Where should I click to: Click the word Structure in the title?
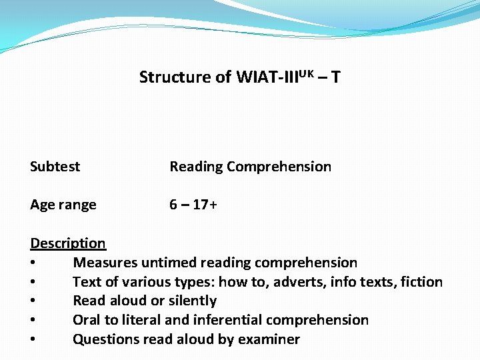(x=174, y=77)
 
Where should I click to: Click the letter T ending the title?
(x=335, y=77)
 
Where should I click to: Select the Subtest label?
(x=55, y=167)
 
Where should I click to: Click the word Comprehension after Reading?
(x=279, y=167)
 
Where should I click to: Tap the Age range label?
(x=63, y=205)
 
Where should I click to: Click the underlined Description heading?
(x=67, y=243)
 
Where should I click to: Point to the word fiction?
(x=421, y=282)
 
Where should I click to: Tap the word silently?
(x=191, y=301)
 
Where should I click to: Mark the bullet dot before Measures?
(x=33, y=263)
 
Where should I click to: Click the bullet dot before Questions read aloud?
(x=33, y=340)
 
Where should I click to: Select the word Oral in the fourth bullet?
(x=87, y=320)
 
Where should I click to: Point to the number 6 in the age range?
(x=173, y=205)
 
